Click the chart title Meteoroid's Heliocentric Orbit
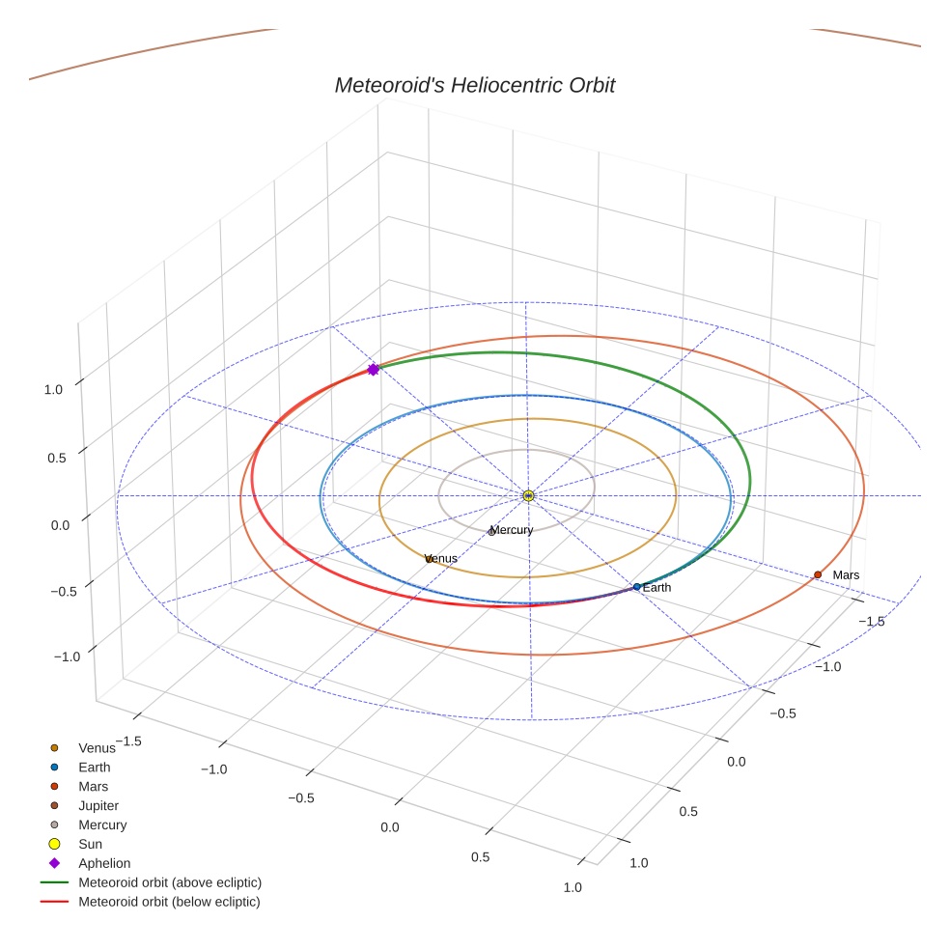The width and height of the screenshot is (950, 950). pyautogui.click(x=474, y=86)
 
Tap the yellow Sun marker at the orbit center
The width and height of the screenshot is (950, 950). pyautogui.click(x=528, y=495)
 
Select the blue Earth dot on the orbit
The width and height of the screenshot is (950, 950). pyautogui.click(x=636, y=587)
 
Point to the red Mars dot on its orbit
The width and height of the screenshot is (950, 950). pyautogui.click(x=818, y=574)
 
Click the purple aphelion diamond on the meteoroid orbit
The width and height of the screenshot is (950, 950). pyautogui.click(x=373, y=370)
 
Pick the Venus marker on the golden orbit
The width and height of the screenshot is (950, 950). pyautogui.click(x=428, y=558)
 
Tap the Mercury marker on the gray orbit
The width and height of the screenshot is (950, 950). pyautogui.click(x=492, y=530)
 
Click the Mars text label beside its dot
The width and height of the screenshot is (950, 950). pyautogui.click(x=846, y=575)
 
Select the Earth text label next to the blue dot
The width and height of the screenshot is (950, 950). pyautogui.click(x=657, y=588)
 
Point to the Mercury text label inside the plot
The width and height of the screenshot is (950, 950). pyautogui.click(x=513, y=530)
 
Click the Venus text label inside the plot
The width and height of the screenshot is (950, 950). pyautogui.click(x=443, y=558)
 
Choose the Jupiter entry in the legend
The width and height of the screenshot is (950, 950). pyautogui.click(x=98, y=806)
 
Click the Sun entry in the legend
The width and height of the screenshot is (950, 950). pyautogui.click(x=90, y=845)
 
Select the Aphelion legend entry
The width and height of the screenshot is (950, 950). pyautogui.click(x=104, y=863)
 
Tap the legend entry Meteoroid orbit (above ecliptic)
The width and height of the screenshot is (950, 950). pyautogui.click(x=170, y=882)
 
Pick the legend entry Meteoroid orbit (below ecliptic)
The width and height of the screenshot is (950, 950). pyautogui.click(x=169, y=902)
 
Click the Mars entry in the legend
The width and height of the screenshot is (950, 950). pyautogui.click(x=94, y=787)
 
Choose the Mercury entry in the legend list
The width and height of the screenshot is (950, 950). pyautogui.click(x=102, y=825)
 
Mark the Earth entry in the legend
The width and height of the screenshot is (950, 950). pyautogui.click(x=95, y=768)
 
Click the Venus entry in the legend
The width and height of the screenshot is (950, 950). pyautogui.click(x=97, y=748)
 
